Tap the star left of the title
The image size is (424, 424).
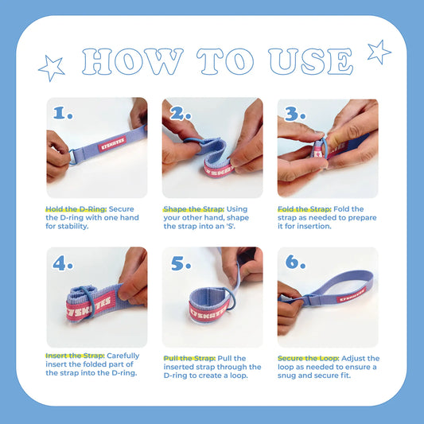(x=51, y=68)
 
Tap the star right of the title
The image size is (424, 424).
(x=379, y=52)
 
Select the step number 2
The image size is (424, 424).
(x=181, y=112)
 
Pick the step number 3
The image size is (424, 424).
(x=296, y=112)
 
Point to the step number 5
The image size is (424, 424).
(x=181, y=263)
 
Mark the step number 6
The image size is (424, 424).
(x=296, y=263)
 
